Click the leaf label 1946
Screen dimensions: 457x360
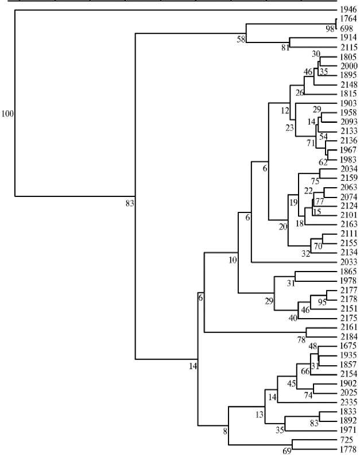(x=348, y=10)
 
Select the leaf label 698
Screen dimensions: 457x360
(x=348, y=28)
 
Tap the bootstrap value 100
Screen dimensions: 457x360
(x=7, y=114)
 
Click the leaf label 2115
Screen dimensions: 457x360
(x=348, y=47)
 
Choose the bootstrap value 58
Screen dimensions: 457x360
(x=242, y=38)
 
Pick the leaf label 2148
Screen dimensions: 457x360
(x=348, y=84)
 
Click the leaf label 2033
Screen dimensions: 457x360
(x=348, y=262)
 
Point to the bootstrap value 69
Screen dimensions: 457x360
(x=287, y=451)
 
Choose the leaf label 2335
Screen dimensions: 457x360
(x=348, y=402)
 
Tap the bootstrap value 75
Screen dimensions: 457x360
(x=315, y=181)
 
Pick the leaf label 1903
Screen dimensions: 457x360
(x=348, y=103)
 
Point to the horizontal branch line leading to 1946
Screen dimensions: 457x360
(x=172, y=10)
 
